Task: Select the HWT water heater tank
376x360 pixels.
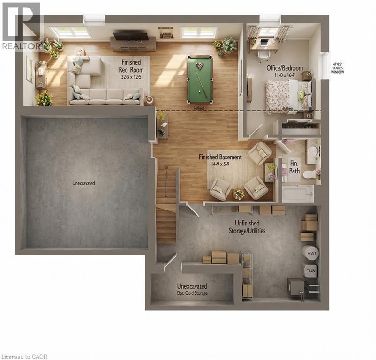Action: click(310, 253)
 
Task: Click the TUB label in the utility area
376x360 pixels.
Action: click(310, 270)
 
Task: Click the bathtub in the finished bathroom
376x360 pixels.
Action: click(297, 193)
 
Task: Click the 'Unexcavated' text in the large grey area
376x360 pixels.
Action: click(84, 183)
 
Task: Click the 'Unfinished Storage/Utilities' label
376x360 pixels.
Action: click(244, 228)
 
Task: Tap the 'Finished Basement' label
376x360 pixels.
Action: click(220, 157)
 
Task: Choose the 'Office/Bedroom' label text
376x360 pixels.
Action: click(285, 68)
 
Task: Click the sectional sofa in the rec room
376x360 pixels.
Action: click(101, 84)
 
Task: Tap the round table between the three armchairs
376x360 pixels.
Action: click(239, 193)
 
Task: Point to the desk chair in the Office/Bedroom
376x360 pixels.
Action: click(264, 54)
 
